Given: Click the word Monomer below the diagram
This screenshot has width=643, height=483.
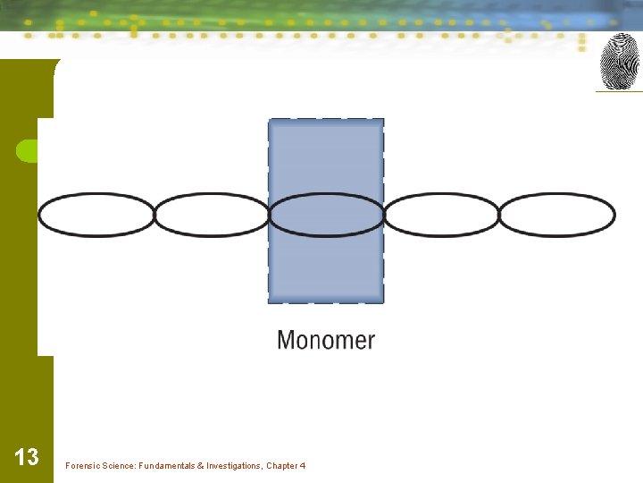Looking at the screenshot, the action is pyautogui.click(x=326, y=341).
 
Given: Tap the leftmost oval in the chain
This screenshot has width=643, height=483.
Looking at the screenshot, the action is pyautogui.click(x=96, y=216).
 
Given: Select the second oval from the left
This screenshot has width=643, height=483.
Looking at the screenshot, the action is pyautogui.click(x=212, y=216).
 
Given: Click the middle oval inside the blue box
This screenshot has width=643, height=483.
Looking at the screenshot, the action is pyautogui.click(x=326, y=216).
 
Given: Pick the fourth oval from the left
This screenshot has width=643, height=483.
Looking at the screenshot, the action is pyautogui.click(x=441, y=216).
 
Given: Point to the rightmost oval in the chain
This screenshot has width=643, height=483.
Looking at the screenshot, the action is pyautogui.click(x=556, y=216).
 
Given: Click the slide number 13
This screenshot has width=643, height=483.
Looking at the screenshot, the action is pyautogui.click(x=27, y=458).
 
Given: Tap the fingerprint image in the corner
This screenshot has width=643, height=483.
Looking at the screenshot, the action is pyautogui.click(x=618, y=62).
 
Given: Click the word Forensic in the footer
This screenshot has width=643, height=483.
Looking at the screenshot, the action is pyautogui.click(x=82, y=466).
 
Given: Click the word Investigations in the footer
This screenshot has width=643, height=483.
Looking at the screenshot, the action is pyautogui.click(x=234, y=466).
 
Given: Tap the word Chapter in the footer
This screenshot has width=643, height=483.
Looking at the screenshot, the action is pyautogui.click(x=283, y=466).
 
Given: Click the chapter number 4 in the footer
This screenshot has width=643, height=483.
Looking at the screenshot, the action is pyautogui.click(x=304, y=466).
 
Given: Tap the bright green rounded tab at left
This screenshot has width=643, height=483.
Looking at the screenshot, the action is pyautogui.click(x=27, y=151).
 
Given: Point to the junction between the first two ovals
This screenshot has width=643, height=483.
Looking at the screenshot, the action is pyautogui.click(x=154, y=216).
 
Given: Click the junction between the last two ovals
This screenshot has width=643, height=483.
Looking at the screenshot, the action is pyautogui.click(x=498, y=216).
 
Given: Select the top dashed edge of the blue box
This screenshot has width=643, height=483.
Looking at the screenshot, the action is pyautogui.click(x=326, y=120).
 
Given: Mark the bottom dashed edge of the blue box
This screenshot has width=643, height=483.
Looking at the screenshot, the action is pyautogui.click(x=326, y=302).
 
